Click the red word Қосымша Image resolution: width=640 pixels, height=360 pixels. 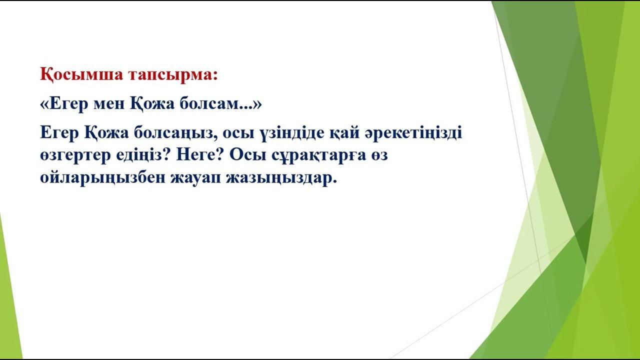(81, 75)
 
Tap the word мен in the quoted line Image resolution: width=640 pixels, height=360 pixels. (109, 104)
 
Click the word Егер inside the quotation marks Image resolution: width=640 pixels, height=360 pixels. (68, 104)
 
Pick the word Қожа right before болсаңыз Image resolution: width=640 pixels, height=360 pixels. (106, 133)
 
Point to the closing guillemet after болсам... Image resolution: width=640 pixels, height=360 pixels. (257, 104)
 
